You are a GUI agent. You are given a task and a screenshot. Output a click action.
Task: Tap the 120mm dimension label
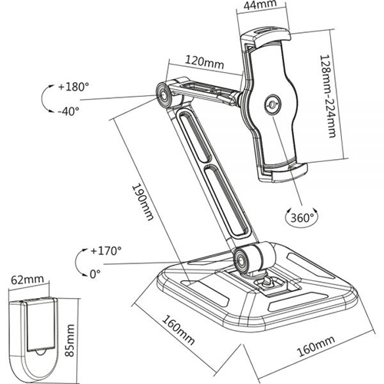point(204,62)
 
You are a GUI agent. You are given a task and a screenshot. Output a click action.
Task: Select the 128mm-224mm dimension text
point(328,96)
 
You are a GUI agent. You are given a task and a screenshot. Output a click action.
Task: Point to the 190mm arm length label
point(143,202)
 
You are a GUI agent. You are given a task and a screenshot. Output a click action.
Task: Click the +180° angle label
point(73,87)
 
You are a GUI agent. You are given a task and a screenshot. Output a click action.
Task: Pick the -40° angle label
point(68,111)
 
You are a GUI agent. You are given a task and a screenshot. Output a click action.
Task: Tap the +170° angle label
point(106,250)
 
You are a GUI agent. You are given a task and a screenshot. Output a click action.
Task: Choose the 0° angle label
point(95,274)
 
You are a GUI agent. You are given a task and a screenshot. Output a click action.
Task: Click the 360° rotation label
point(302,218)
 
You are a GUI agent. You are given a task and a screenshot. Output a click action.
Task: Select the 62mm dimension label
point(28,280)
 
